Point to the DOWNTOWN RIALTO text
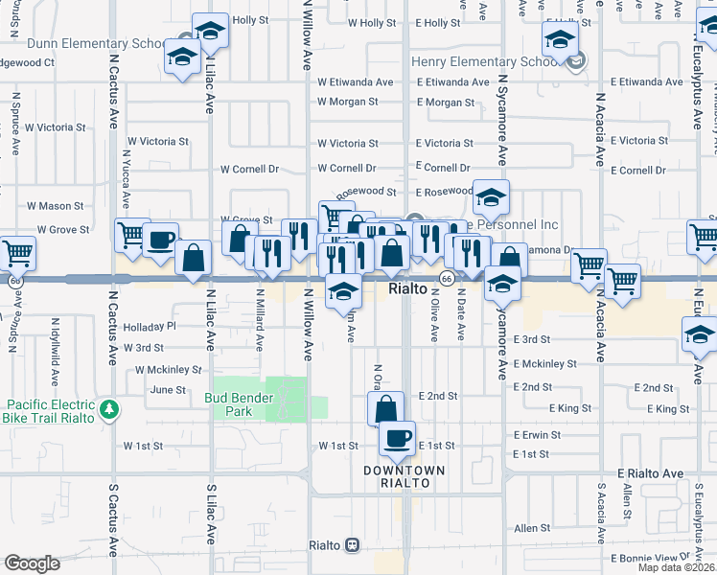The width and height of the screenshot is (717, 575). (404, 476)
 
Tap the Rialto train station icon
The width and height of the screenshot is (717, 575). (352, 544)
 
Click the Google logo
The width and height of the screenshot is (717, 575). (32, 563)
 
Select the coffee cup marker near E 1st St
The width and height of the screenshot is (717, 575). (396, 439)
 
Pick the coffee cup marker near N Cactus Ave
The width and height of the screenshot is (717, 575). (160, 239)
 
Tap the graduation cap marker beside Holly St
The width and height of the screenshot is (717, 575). (210, 30)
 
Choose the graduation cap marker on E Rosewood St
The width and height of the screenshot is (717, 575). (490, 198)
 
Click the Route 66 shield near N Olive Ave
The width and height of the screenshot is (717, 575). (447, 278)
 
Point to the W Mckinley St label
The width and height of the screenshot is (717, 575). (169, 369)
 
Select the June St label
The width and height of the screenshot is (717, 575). (168, 390)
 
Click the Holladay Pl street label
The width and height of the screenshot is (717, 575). (150, 326)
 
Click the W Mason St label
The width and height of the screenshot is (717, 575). (55, 206)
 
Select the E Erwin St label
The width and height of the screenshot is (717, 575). (542, 435)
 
